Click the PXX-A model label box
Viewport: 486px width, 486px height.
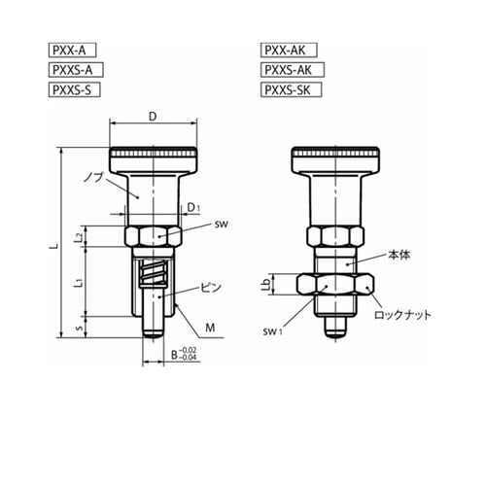(x=72, y=51)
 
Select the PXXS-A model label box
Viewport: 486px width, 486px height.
(x=76, y=70)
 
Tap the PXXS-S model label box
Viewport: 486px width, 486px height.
(x=75, y=89)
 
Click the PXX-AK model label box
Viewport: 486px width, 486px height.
(x=289, y=51)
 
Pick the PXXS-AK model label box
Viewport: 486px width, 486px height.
(x=293, y=70)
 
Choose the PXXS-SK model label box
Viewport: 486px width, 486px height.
(x=291, y=89)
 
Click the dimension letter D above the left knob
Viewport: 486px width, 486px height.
(x=153, y=117)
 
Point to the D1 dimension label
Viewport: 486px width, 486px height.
(x=193, y=208)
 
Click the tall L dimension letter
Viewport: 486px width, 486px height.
(x=56, y=246)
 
